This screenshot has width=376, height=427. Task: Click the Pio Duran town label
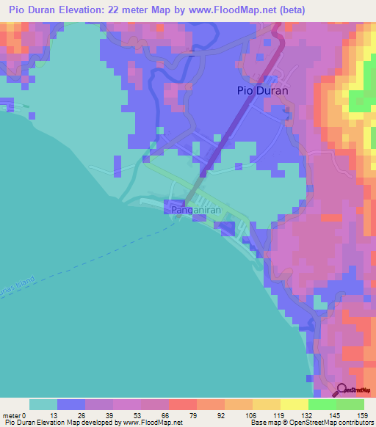point(262,91)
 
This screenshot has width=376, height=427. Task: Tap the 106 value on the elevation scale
point(253,415)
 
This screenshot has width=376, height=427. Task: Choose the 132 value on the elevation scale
point(308,415)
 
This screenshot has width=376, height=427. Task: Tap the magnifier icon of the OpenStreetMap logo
point(343,389)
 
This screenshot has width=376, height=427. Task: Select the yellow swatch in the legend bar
point(294,404)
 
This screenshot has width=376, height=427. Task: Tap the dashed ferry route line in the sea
point(110,258)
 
